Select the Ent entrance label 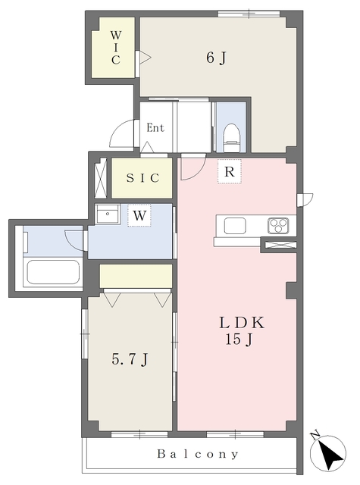pos(155,127)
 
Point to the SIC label pos(142,178)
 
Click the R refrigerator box pos(229,171)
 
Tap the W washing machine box pos(139,215)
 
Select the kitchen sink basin pos(234,225)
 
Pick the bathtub pos(52,273)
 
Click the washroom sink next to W pos(109,214)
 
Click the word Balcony pos(199,455)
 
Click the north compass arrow pos(328,455)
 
